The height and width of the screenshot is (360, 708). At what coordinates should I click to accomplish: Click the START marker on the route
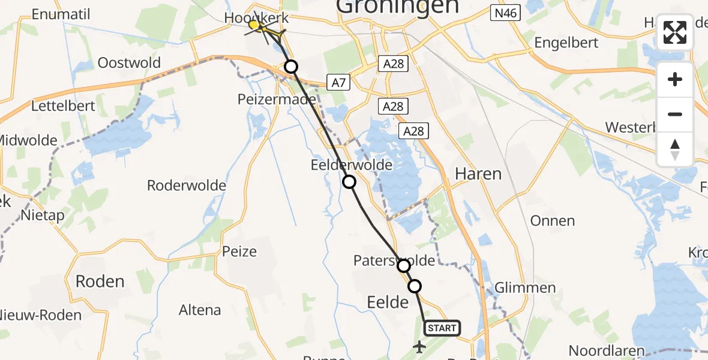click(x=442, y=328)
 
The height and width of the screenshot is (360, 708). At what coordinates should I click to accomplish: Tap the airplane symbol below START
click(x=419, y=347)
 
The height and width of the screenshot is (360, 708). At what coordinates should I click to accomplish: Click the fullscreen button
click(x=675, y=32)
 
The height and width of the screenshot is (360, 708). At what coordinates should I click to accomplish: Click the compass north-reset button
click(x=675, y=149)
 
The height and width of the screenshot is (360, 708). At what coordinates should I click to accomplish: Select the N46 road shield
click(x=504, y=11)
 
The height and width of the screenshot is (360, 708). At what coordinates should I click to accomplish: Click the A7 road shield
click(x=338, y=82)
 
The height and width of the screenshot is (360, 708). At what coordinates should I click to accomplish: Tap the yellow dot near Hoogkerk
click(x=254, y=25)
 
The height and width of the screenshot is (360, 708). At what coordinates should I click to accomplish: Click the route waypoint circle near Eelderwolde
click(x=349, y=182)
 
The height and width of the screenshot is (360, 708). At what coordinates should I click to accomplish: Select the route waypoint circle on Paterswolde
click(x=404, y=265)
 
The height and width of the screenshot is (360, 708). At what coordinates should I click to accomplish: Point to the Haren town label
click(x=478, y=174)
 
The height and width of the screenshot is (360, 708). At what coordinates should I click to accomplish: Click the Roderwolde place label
click(x=187, y=185)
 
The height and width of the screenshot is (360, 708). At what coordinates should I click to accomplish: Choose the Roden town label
click(x=100, y=281)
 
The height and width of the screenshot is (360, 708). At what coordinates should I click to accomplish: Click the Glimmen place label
click(x=525, y=287)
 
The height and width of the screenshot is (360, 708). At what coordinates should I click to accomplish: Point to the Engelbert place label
click(x=566, y=43)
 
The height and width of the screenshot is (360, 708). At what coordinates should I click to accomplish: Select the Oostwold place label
click(x=129, y=63)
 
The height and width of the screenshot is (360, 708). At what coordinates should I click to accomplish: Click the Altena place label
click(x=200, y=310)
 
